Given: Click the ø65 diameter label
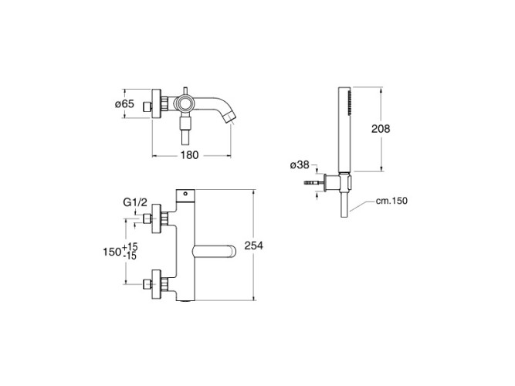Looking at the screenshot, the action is [x=124, y=103].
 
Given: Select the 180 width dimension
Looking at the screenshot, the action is [x=189, y=155].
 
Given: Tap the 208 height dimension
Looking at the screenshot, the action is [x=381, y=129].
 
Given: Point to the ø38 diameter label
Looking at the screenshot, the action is [x=300, y=164].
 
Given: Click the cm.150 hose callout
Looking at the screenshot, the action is [x=391, y=201].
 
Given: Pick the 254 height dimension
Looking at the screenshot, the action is [x=253, y=245].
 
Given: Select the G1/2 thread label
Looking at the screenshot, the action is [x=135, y=202].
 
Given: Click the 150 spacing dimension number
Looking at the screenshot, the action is [x=112, y=252].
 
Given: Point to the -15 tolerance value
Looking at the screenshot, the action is [x=130, y=256].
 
